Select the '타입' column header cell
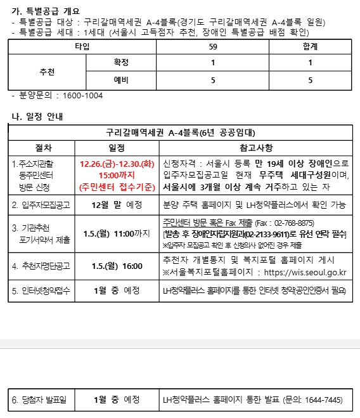coord(82,46)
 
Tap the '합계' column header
coord(310,46)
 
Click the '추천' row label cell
coord(47,72)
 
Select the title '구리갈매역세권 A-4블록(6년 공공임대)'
coord(180,133)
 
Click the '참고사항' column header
coord(256,148)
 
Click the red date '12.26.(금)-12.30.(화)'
coord(117,163)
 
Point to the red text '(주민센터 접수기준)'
coord(117,186)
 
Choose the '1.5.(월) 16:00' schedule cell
coord(117,266)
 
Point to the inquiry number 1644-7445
coord(320,400)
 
